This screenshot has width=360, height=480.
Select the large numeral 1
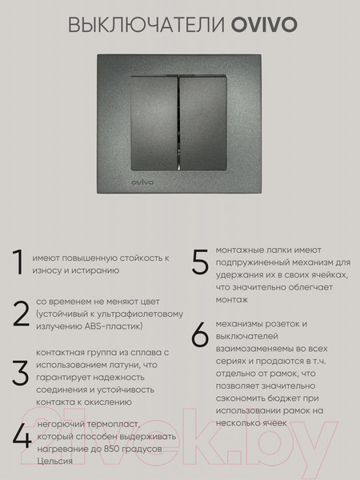click(x=16, y=263)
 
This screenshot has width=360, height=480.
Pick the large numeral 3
click(x=20, y=374)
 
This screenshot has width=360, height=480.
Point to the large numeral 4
click(x=22, y=438)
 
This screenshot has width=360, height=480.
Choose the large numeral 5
click(x=200, y=262)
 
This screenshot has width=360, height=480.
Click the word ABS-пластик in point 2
click(x=118, y=327)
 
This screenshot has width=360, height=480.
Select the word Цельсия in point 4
click(x=54, y=462)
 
